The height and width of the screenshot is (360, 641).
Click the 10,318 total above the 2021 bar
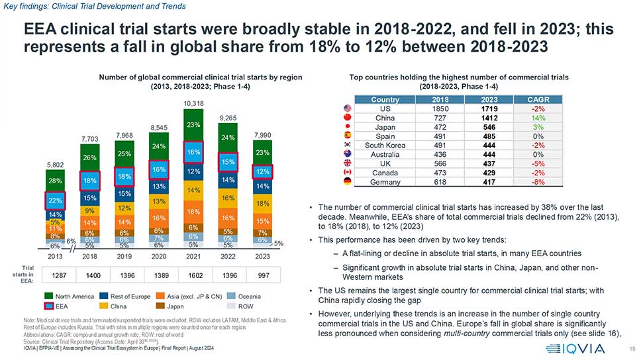[x=193, y=104]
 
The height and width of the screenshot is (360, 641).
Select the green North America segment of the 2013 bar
[x=56, y=181]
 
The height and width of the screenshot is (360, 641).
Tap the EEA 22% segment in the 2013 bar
[x=56, y=200]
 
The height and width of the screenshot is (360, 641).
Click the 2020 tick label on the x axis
[x=159, y=255]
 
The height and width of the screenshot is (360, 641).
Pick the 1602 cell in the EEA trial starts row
[x=193, y=273]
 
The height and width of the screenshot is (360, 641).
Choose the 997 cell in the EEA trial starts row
[x=263, y=273]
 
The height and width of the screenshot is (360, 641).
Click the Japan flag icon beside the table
[x=347, y=127]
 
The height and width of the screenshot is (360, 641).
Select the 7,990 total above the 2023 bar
[x=263, y=135]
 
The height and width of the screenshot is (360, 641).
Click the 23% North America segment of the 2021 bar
[x=193, y=125]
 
